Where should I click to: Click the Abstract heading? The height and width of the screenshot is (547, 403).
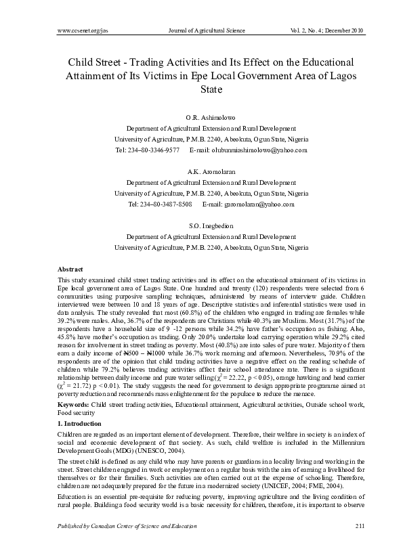71,269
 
